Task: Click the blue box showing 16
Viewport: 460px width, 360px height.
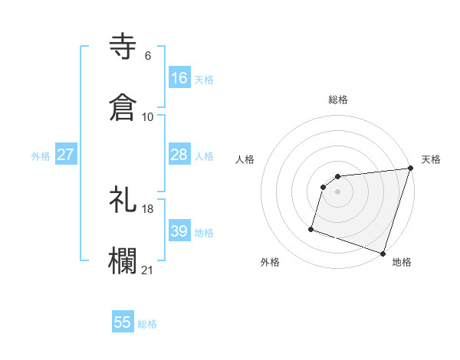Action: [x=179, y=78]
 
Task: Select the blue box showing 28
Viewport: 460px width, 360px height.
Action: [x=179, y=155]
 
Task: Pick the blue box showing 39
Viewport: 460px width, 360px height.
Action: [x=179, y=231]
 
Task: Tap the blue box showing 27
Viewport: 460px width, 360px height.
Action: [x=65, y=155]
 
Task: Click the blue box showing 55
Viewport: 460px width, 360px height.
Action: [x=123, y=322]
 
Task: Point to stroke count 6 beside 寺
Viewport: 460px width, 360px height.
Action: [x=148, y=56]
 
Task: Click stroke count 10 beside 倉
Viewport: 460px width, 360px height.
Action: [x=148, y=117]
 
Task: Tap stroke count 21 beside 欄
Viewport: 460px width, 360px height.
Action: [x=148, y=270]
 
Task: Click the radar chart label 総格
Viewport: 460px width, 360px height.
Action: [x=338, y=100]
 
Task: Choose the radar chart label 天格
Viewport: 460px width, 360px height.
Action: [x=431, y=159]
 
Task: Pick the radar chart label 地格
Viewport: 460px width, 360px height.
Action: [x=402, y=263]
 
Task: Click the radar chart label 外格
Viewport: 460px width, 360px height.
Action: [x=270, y=263]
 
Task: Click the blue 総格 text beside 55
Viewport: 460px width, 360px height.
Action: [x=147, y=324]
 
